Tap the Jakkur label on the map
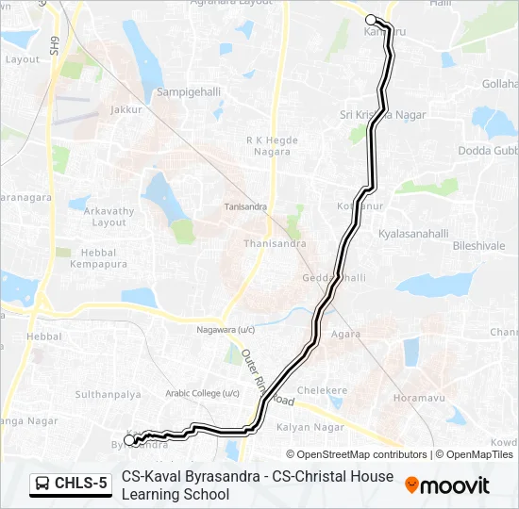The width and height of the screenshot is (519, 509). click(125, 110)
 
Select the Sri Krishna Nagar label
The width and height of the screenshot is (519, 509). click(382, 115)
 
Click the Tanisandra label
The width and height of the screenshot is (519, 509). click(245, 206)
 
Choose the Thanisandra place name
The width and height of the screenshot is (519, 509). click(275, 243)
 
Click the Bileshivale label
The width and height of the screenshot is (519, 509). click(478, 245)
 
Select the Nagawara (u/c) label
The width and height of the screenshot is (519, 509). click(226, 330)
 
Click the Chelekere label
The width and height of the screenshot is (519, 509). click(323, 389)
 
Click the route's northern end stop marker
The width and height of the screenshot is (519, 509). click(371, 20)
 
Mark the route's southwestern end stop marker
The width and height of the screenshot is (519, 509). click(129, 440)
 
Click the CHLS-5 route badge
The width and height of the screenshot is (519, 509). click(71, 484)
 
